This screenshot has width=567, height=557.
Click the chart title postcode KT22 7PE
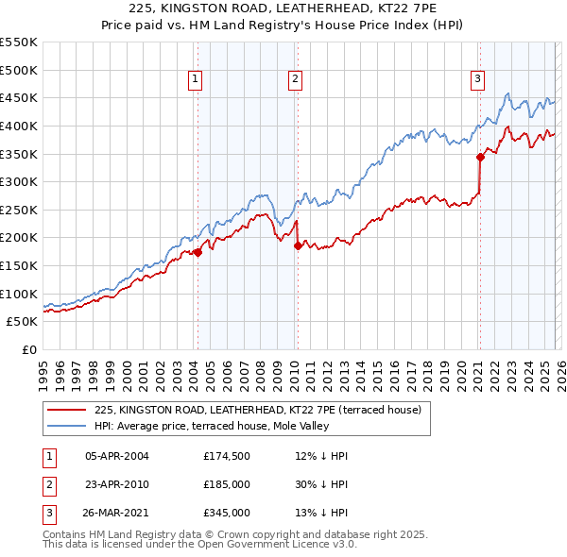pos(388,8)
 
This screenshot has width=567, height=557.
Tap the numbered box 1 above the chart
pos(195,80)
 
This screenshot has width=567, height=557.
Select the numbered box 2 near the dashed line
pos(295,80)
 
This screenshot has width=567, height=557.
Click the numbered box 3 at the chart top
pos(478,80)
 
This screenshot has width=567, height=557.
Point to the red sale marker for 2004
pos(198,252)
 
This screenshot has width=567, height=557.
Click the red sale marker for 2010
pos(298,245)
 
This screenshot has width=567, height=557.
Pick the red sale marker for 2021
pos(480,157)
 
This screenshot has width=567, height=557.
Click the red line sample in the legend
pos(66,410)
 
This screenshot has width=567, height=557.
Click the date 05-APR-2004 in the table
pos(117,456)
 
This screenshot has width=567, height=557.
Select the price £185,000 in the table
pos(227,484)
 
